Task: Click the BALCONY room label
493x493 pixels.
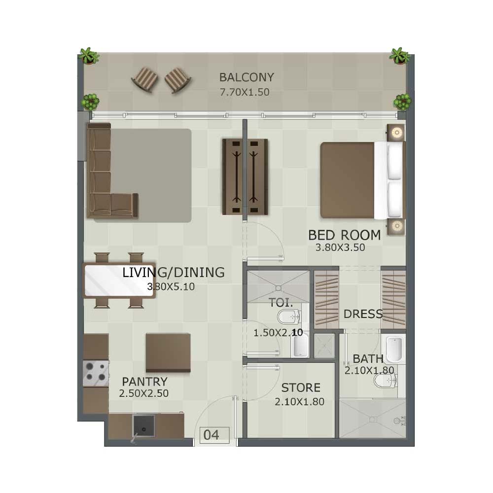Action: (x=246, y=77)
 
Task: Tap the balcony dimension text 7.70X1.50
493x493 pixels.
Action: (x=245, y=92)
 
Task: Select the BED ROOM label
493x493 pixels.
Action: (x=344, y=235)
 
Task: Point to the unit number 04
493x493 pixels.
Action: (x=211, y=435)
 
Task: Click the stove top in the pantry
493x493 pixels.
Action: (x=96, y=374)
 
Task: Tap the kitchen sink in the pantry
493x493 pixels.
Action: (x=143, y=426)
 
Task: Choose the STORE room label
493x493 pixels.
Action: (x=301, y=387)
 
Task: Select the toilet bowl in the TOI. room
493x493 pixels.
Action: (x=288, y=317)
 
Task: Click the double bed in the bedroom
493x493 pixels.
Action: (x=362, y=180)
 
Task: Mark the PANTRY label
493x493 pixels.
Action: (x=144, y=382)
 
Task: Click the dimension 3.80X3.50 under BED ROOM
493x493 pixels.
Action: (x=340, y=247)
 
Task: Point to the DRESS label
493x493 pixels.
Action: (x=363, y=314)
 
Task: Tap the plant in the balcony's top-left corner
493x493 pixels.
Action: (x=89, y=56)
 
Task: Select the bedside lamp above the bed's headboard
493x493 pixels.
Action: (x=396, y=132)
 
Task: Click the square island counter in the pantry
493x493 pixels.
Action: (x=168, y=353)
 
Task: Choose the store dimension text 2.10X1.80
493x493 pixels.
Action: (x=299, y=402)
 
